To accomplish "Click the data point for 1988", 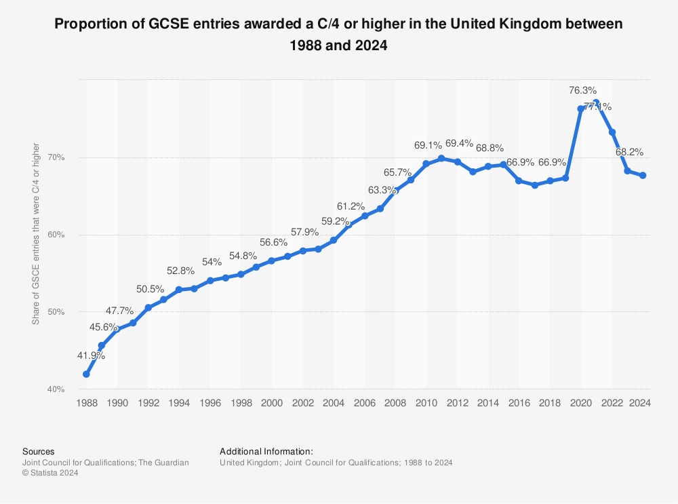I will (86, 374).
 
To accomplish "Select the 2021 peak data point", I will (596, 103).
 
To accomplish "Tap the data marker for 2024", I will (642, 176).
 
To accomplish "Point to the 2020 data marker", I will (580, 109).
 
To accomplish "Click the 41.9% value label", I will (90, 355).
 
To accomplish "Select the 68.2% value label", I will (629, 152).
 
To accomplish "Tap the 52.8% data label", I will (180, 271).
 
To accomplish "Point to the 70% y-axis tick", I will (56, 158).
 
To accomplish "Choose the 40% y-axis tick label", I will (56, 389).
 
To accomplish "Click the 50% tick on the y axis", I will (56, 312).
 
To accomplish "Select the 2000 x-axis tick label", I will (272, 403).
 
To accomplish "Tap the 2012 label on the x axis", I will (457, 403).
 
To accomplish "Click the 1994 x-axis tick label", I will (179, 403).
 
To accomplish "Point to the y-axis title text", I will (36, 234).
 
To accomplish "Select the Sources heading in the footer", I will (39, 451).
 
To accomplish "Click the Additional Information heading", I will (266, 451).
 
